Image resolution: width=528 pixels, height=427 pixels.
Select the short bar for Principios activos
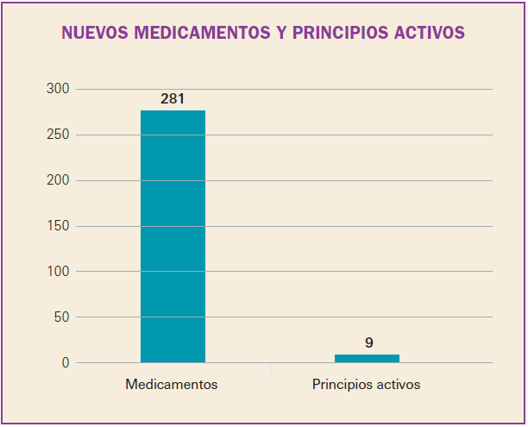coord(367,358)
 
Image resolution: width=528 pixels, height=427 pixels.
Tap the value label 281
coord(173,99)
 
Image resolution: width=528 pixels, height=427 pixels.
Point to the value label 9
coord(369,342)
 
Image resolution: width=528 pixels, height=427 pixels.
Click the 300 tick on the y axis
coord(59,89)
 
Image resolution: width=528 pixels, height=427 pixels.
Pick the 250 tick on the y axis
coord(59,135)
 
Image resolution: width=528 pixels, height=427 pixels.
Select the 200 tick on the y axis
coord(59,180)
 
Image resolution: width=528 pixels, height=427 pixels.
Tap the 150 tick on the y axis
coord(59,226)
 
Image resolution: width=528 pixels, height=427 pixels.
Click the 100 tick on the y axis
coord(59,272)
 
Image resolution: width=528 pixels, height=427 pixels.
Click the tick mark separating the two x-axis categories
coord(270,370)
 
